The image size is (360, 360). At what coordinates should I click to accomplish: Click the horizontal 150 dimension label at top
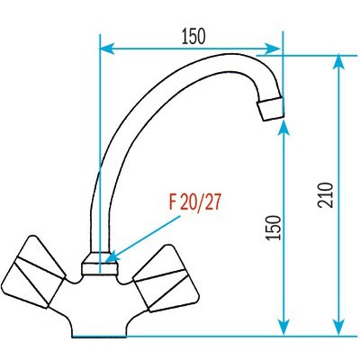tap(193, 36)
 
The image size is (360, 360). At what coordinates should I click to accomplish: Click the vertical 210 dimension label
tap(325, 195)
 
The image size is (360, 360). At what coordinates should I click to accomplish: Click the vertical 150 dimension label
tap(274, 228)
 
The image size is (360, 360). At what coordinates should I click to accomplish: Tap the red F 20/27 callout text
tap(194, 202)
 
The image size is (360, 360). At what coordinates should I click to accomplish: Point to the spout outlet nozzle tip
tap(270, 109)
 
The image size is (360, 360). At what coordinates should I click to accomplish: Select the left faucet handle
tap(34, 272)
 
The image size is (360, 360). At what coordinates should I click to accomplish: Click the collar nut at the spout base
tap(99, 263)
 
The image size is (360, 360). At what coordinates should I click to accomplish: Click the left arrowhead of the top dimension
tap(107, 49)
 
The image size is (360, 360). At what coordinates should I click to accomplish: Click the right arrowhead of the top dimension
tap(273, 49)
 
